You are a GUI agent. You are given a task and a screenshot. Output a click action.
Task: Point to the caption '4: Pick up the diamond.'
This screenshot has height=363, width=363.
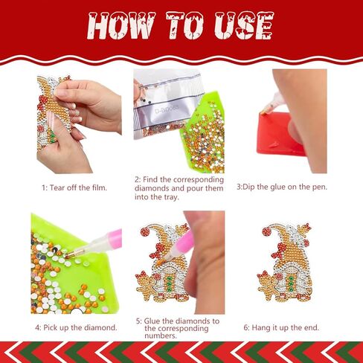click(x=75, y=327)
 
